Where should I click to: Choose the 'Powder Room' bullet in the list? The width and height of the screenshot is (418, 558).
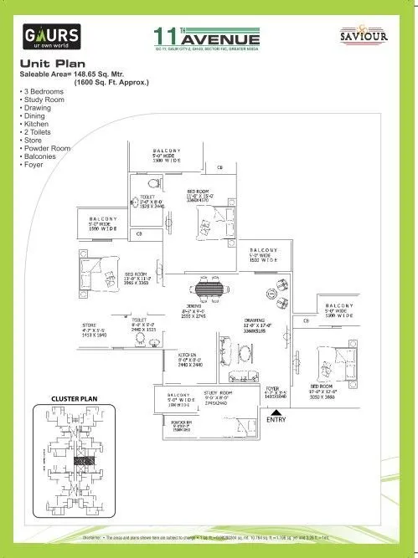(49, 148)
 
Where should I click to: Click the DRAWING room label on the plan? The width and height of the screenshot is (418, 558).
(255, 320)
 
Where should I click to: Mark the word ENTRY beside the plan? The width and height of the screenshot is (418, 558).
(276, 418)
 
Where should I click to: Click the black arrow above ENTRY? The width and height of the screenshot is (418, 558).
(271, 410)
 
